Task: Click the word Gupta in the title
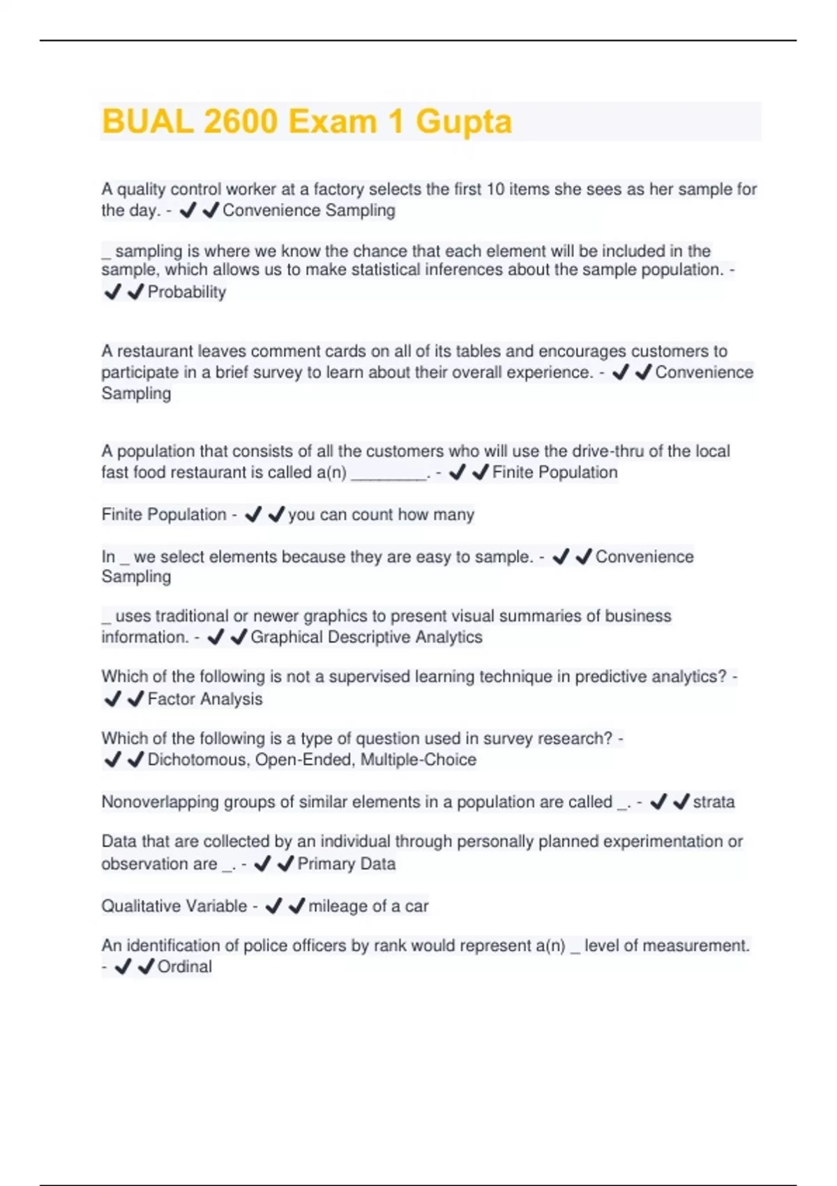coord(464,121)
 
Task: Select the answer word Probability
coord(187,292)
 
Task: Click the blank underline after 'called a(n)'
coord(389,473)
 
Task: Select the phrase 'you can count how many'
coord(381,515)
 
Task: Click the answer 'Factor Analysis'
coord(205,699)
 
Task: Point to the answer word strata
coord(714,802)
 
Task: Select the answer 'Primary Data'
coord(347,864)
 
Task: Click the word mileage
coord(338,906)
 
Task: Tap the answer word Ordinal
coord(185,966)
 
